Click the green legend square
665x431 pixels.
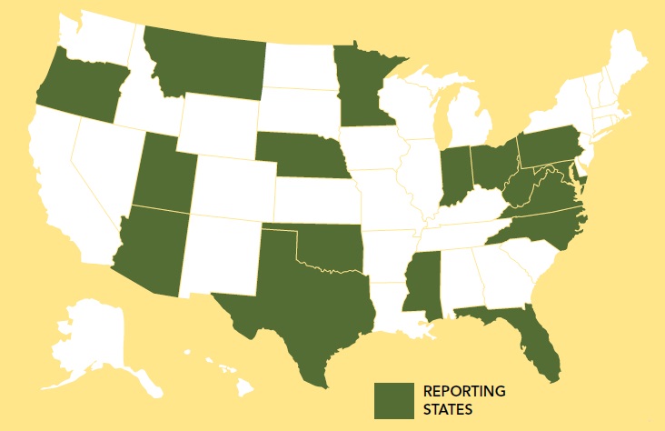click(393, 400)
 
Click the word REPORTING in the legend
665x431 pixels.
click(464, 391)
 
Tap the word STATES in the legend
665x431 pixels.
click(448, 409)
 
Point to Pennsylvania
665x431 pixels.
click(550, 145)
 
